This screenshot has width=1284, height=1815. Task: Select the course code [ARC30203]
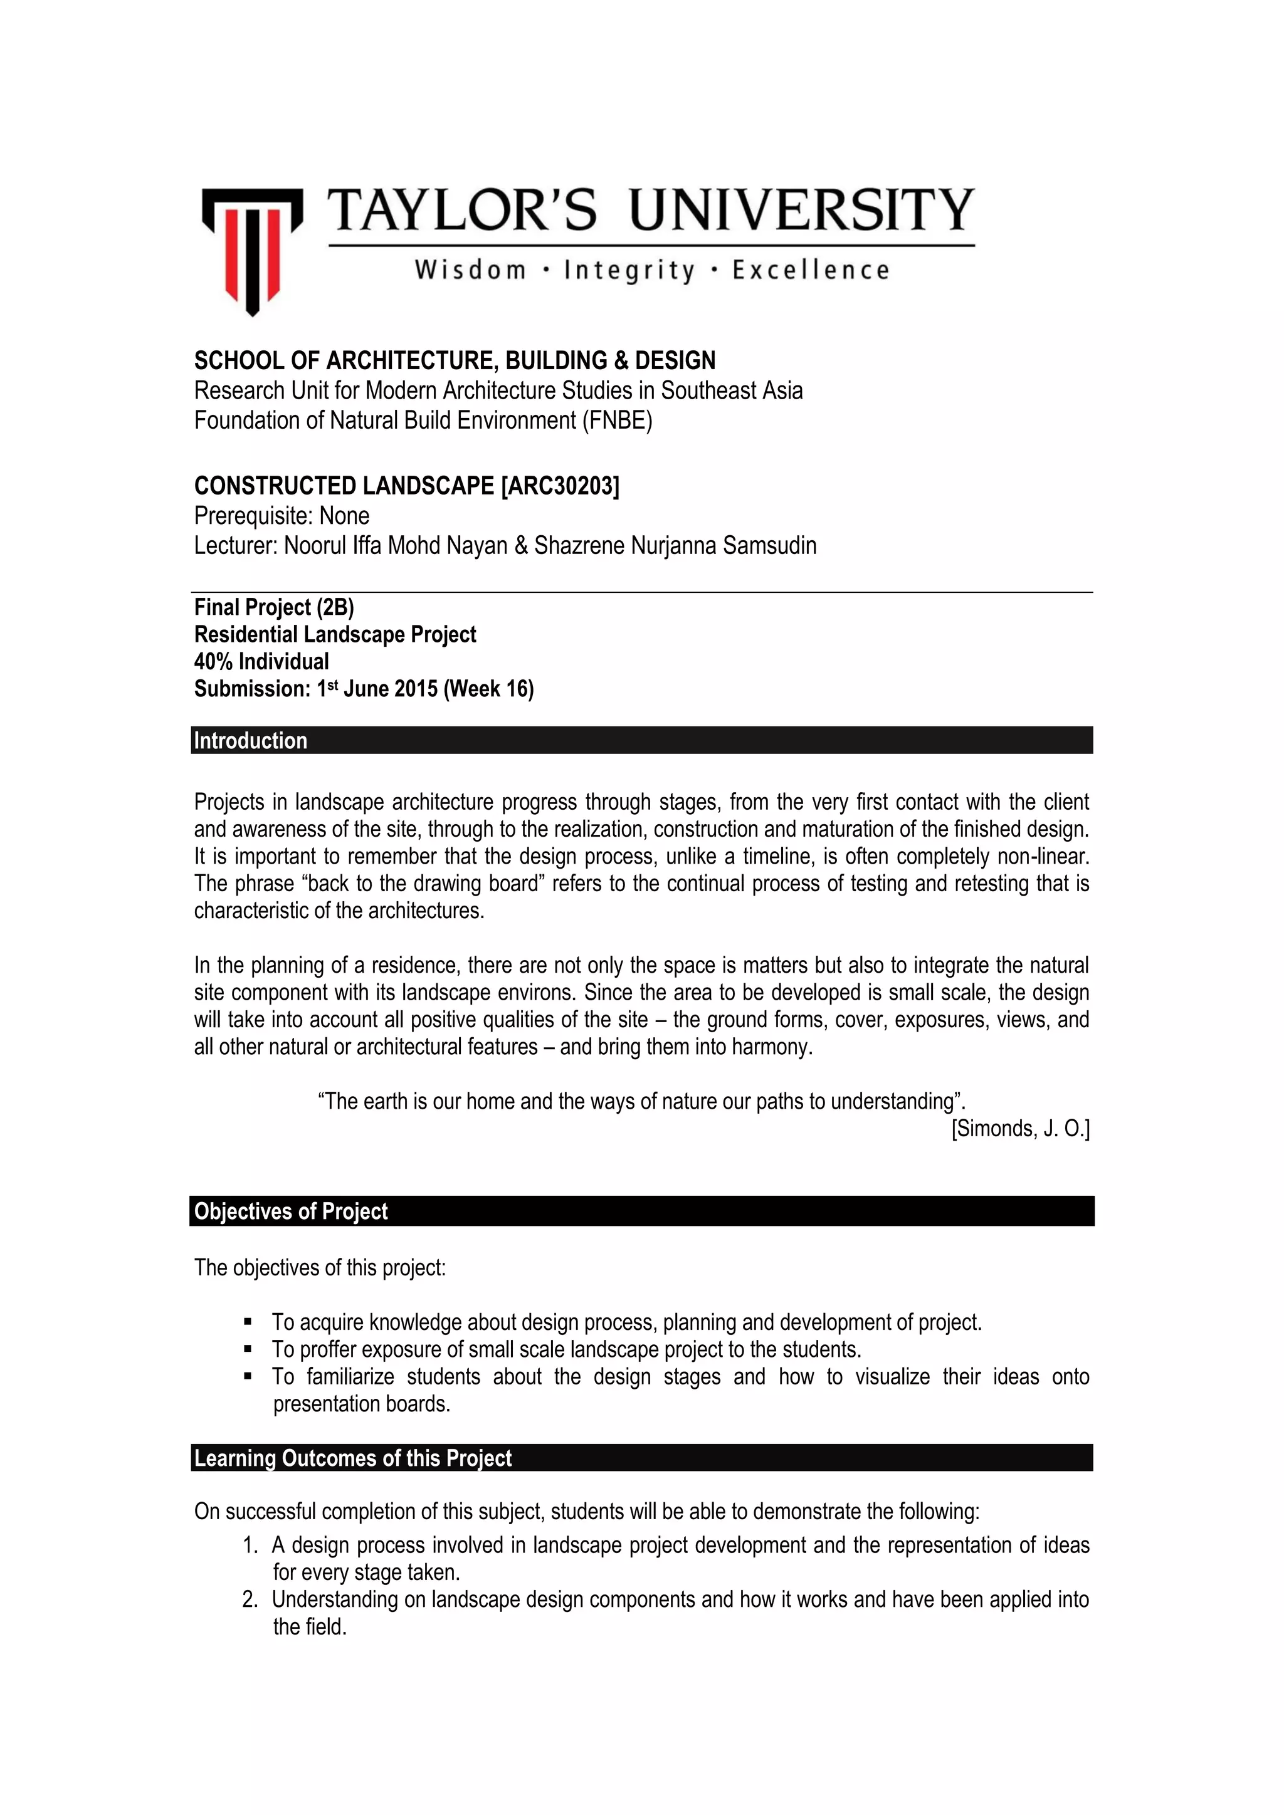click(560, 485)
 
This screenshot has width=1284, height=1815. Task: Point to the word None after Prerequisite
click(344, 516)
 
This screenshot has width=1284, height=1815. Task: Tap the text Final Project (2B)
click(273, 607)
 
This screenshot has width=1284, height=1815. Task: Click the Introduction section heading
click(251, 741)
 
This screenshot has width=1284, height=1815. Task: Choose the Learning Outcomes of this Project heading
click(352, 1458)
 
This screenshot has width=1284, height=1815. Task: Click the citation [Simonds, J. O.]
click(1020, 1129)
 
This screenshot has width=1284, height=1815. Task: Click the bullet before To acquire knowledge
click(248, 1322)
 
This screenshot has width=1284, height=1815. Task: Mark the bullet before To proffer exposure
click(248, 1349)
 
